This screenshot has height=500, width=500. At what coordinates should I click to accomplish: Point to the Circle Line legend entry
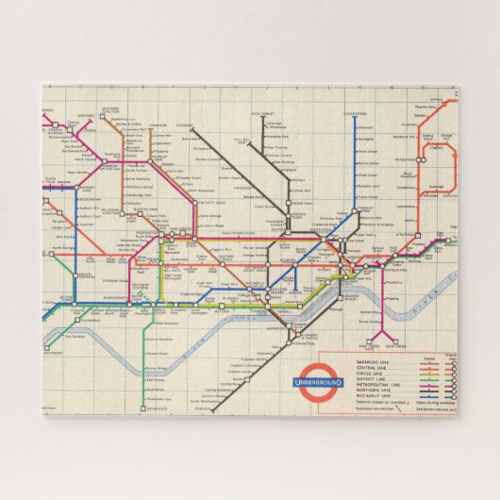pos(344,375)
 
